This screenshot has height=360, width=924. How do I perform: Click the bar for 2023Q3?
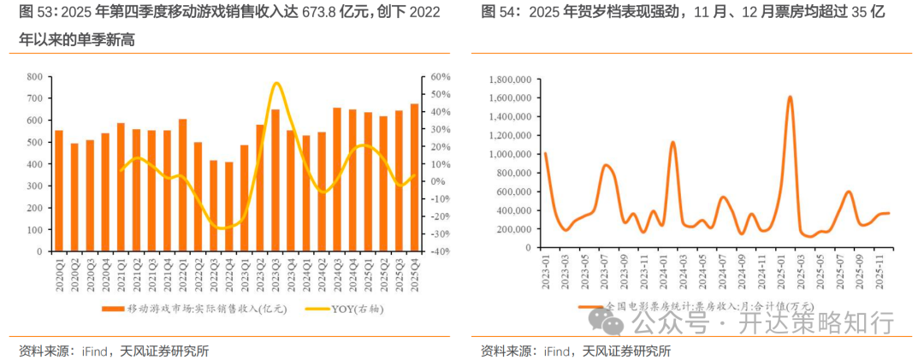(275, 180)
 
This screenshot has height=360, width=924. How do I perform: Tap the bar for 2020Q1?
(59, 191)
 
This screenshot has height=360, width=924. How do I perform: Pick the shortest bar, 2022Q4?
(229, 207)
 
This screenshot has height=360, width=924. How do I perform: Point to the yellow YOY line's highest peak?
(275, 83)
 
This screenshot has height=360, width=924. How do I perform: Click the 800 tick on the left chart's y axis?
(34, 77)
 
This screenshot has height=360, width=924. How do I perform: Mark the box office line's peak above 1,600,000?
(789, 97)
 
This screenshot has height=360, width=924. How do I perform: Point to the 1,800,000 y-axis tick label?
(507, 79)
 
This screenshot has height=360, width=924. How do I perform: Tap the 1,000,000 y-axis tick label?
(507, 154)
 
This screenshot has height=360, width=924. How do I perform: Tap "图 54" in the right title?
(495, 12)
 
